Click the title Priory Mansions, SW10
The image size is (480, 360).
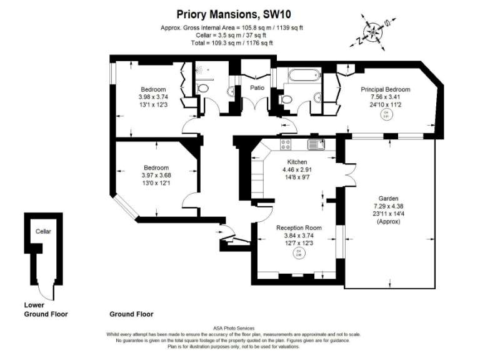tap(239, 12)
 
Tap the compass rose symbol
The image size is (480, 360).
tap(372, 31)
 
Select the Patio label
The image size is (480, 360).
tap(257, 88)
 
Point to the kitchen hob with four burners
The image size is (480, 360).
tap(286, 145)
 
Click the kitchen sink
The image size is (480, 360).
tap(314, 145)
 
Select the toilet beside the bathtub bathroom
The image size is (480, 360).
tap(287, 99)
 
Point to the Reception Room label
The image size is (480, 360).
tap(299, 228)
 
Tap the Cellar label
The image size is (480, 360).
tap(43, 232)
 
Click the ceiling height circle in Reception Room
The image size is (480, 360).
tap(298, 252)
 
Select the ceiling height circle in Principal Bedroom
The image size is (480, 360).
tap(386, 114)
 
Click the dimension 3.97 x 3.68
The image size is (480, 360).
tap(156, 175)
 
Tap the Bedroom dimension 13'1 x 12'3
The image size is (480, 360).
tap(153, 105)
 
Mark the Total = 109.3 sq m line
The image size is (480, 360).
tap(232, 42)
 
